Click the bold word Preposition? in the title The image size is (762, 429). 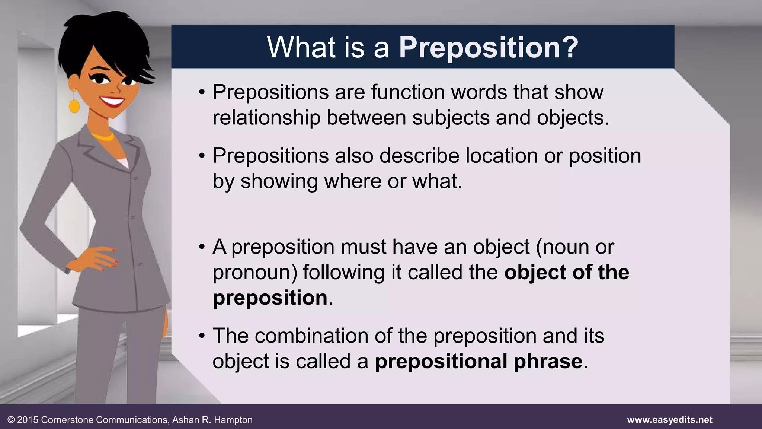[x=488, y=48]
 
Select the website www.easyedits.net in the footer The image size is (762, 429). [x=669, y=420]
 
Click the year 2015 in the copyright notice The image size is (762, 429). [x=28, y=420]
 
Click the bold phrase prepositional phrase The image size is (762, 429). [x=478, y=361]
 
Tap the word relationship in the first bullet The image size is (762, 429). [x=266, y=118]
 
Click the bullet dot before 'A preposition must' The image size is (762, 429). [x=202, y=247]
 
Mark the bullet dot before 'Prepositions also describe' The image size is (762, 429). [x=202, y=156]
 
